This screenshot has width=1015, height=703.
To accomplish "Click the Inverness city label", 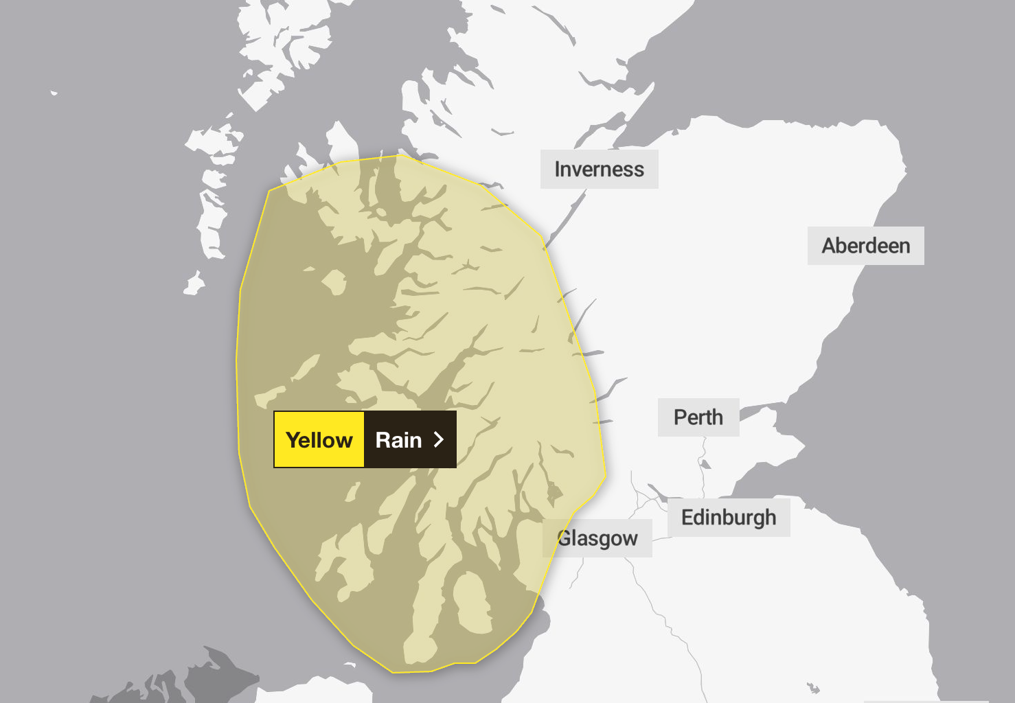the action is pyautogui.click(x=599, y=170).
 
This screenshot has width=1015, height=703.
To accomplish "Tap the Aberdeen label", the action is pyautogui.click(x=865, y=246).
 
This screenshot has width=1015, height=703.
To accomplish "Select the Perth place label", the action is pyautogui.click(x=698, y=417).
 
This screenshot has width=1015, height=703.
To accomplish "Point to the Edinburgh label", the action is pyautogui.click(x=728, y=518).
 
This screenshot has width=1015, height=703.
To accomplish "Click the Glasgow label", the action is pyautogui.click(x=597, y=538).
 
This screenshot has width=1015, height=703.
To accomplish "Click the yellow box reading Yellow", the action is pyautogui.click(x=319, y=440).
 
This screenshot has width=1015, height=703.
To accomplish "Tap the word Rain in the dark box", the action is pyautogui.click(x=398, y=440).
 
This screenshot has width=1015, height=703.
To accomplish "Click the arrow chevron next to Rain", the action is pyautogui.click(x=439, y=440).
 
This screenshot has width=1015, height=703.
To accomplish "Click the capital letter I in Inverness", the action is pyautogui.click(x=558, y=170).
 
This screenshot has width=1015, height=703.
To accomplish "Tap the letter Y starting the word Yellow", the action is pyautogui.click(x=293, y=440).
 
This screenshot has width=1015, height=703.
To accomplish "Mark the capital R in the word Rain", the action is pyautogui.click(x=383, y=440).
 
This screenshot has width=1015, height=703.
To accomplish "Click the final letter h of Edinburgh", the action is pyautogui.click(x=771, y=518).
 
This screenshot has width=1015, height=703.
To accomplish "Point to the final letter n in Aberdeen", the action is pyautogui.click(x=904, y=246).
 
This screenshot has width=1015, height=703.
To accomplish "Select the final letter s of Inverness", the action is pyautogui.click(x=639, y=170).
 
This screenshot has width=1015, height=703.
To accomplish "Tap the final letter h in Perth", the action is pyautogui.click(x=717, y=417).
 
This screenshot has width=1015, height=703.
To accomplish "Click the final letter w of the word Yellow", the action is pyautogui.click(x=344, y=441).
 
